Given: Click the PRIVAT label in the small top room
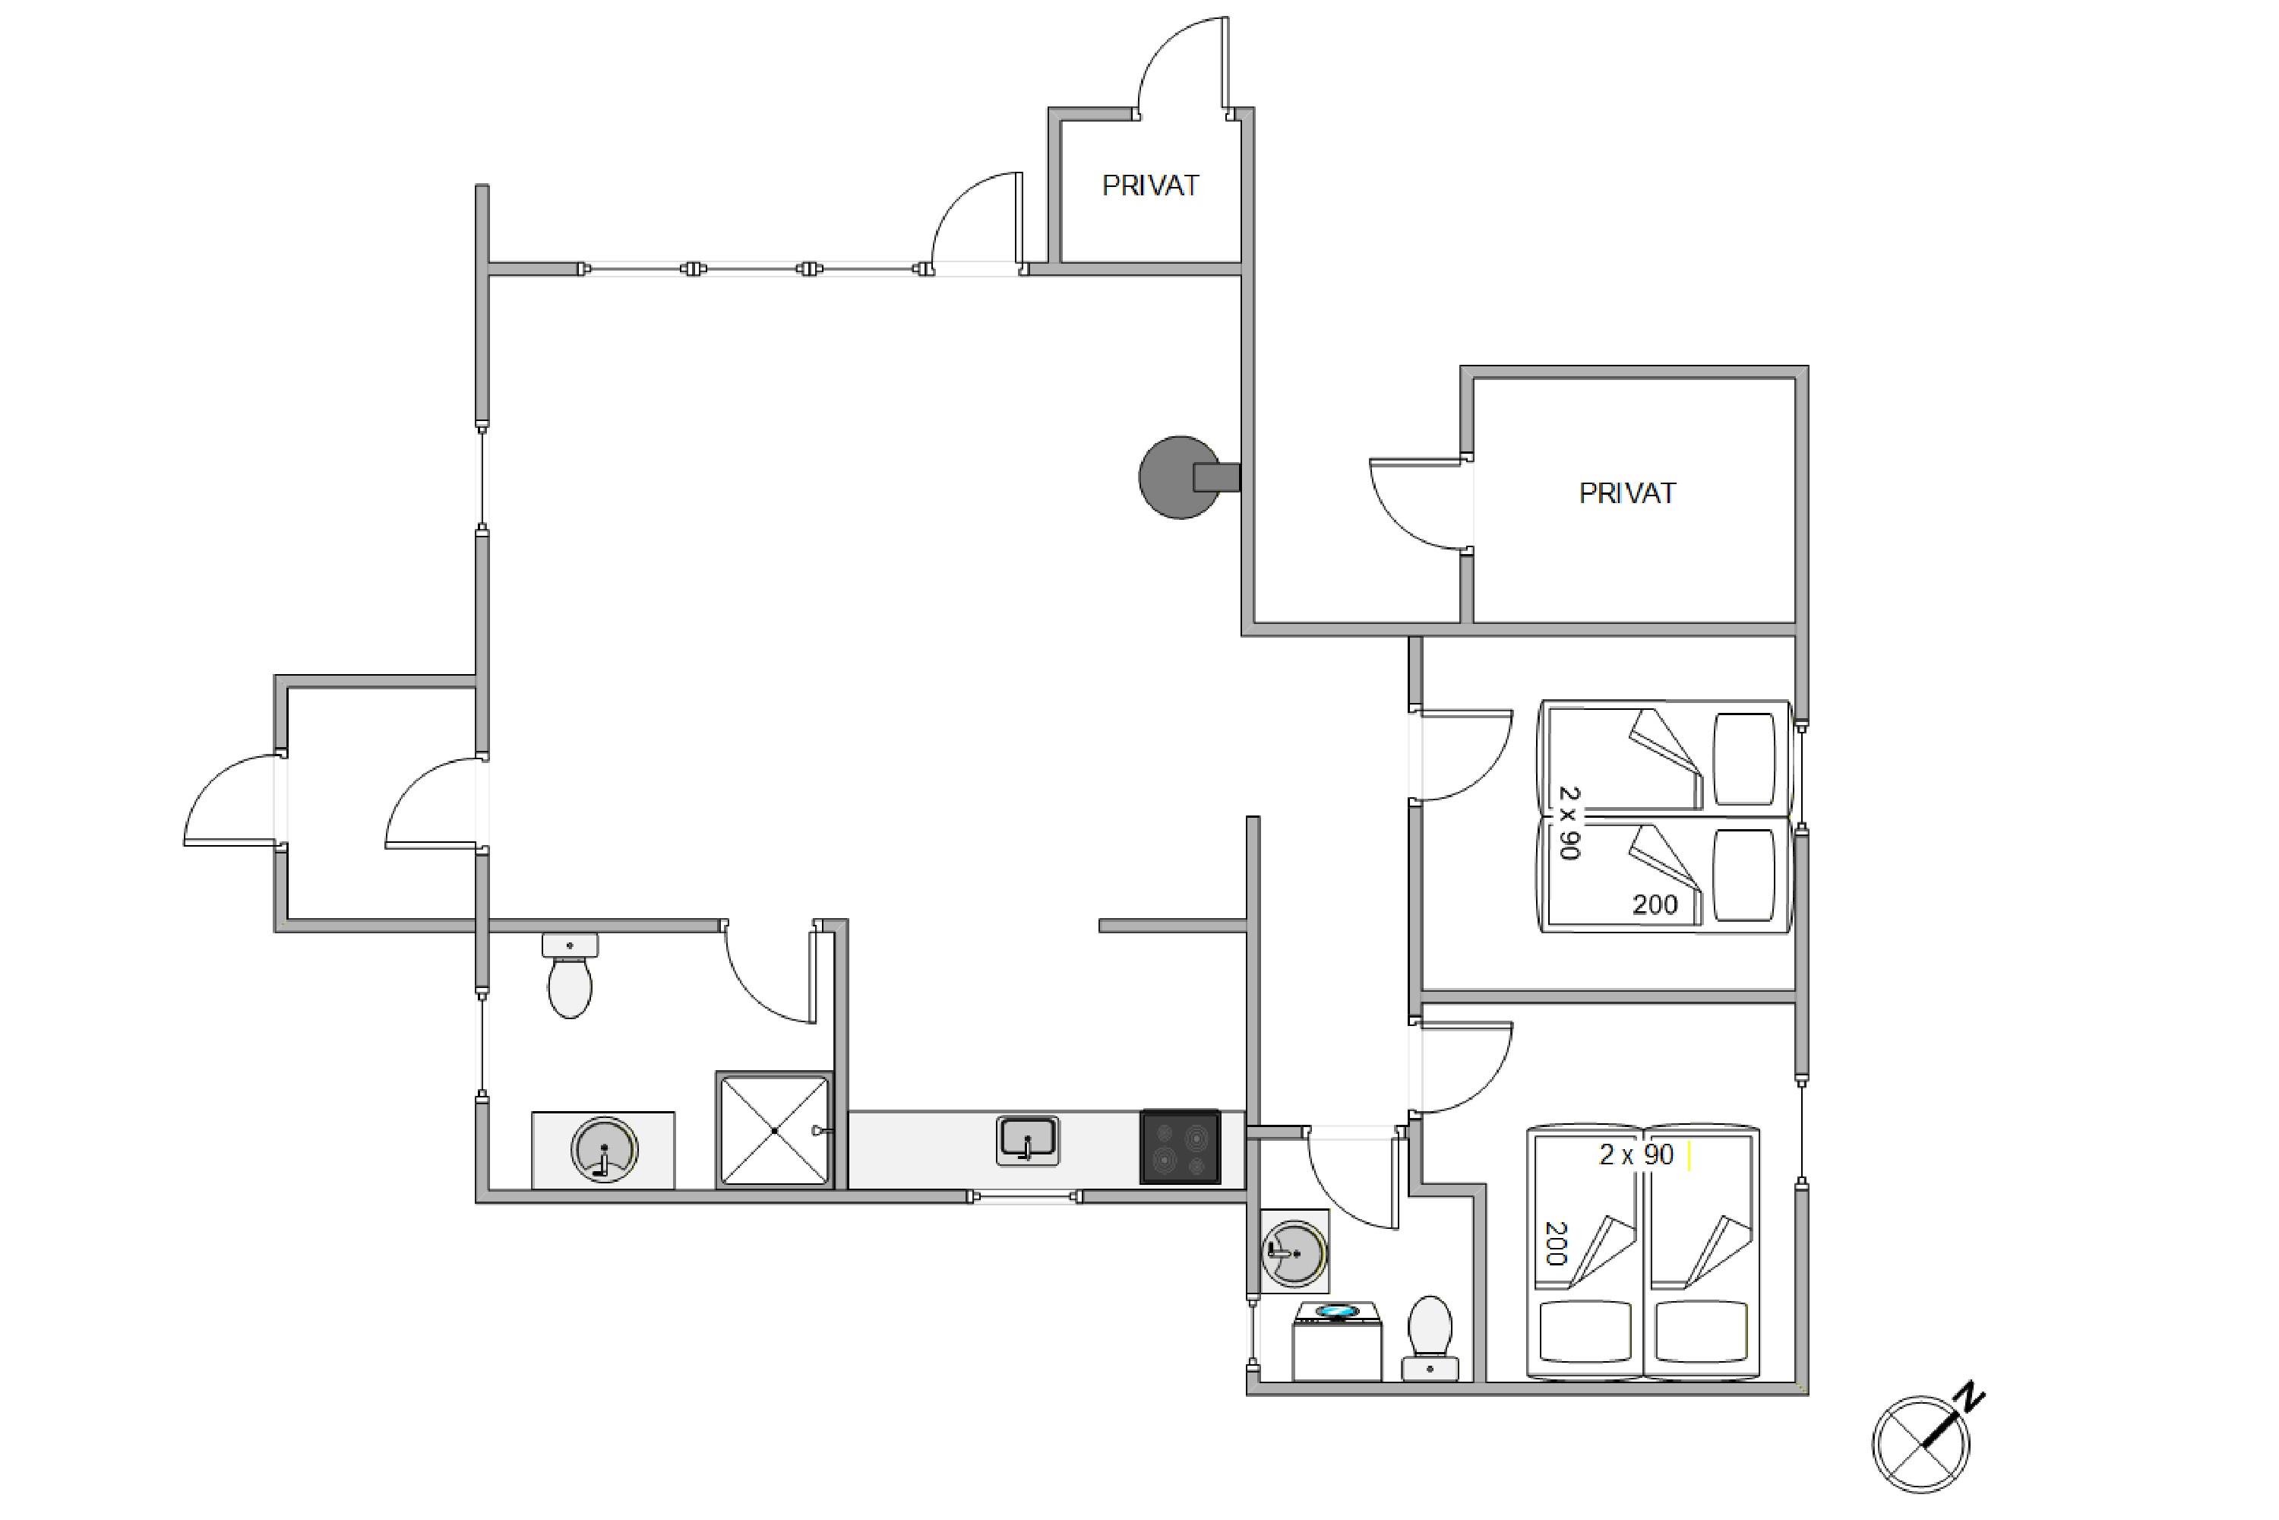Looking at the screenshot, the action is (x=1150, y=185).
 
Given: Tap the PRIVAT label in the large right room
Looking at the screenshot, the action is (x=1627, y=493).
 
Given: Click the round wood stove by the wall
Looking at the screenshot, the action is (x=1188, y=477).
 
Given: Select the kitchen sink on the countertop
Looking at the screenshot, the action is (x=1027, y=1140).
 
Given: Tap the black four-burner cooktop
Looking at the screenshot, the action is (x=1181, y=1147).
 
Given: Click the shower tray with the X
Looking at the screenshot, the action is (x=774, y=1130).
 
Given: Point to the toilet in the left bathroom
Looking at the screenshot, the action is (x=570, y=976).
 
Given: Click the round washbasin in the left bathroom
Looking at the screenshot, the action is (x=604, y=1150).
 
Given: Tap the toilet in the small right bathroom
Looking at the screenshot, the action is (x=1430, y=1338).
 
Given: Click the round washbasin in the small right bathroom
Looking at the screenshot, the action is (x=1294, y=1253).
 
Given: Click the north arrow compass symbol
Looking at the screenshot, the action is (x=1920, y=1443).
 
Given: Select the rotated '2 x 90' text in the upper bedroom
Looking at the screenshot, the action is (x=1569, y=823).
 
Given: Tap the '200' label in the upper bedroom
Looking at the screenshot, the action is (x=1655, y=904).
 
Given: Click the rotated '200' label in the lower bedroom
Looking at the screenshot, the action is (x=1555, y=1243).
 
